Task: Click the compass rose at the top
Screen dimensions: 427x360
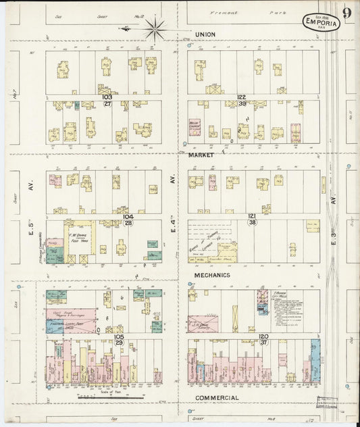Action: coord(155,28)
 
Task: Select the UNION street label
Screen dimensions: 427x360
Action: coord(205,34)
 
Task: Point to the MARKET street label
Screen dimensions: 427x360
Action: coord(201,155)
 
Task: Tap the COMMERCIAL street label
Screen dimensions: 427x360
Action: coord(216,397)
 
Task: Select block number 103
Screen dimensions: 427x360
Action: coord(107,97)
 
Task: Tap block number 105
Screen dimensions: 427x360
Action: coord(118,336)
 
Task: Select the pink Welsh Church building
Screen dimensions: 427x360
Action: coord(195,128)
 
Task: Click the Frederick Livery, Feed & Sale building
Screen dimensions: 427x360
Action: coord(70,326)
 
